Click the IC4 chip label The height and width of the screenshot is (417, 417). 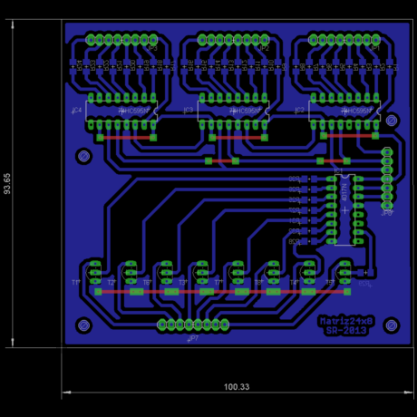76,111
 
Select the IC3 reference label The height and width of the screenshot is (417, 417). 189,111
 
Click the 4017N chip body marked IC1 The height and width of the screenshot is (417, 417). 344,208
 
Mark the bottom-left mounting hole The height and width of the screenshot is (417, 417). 84,325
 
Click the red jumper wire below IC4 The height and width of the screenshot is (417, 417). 126,137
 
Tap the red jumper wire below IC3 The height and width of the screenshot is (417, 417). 238,137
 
